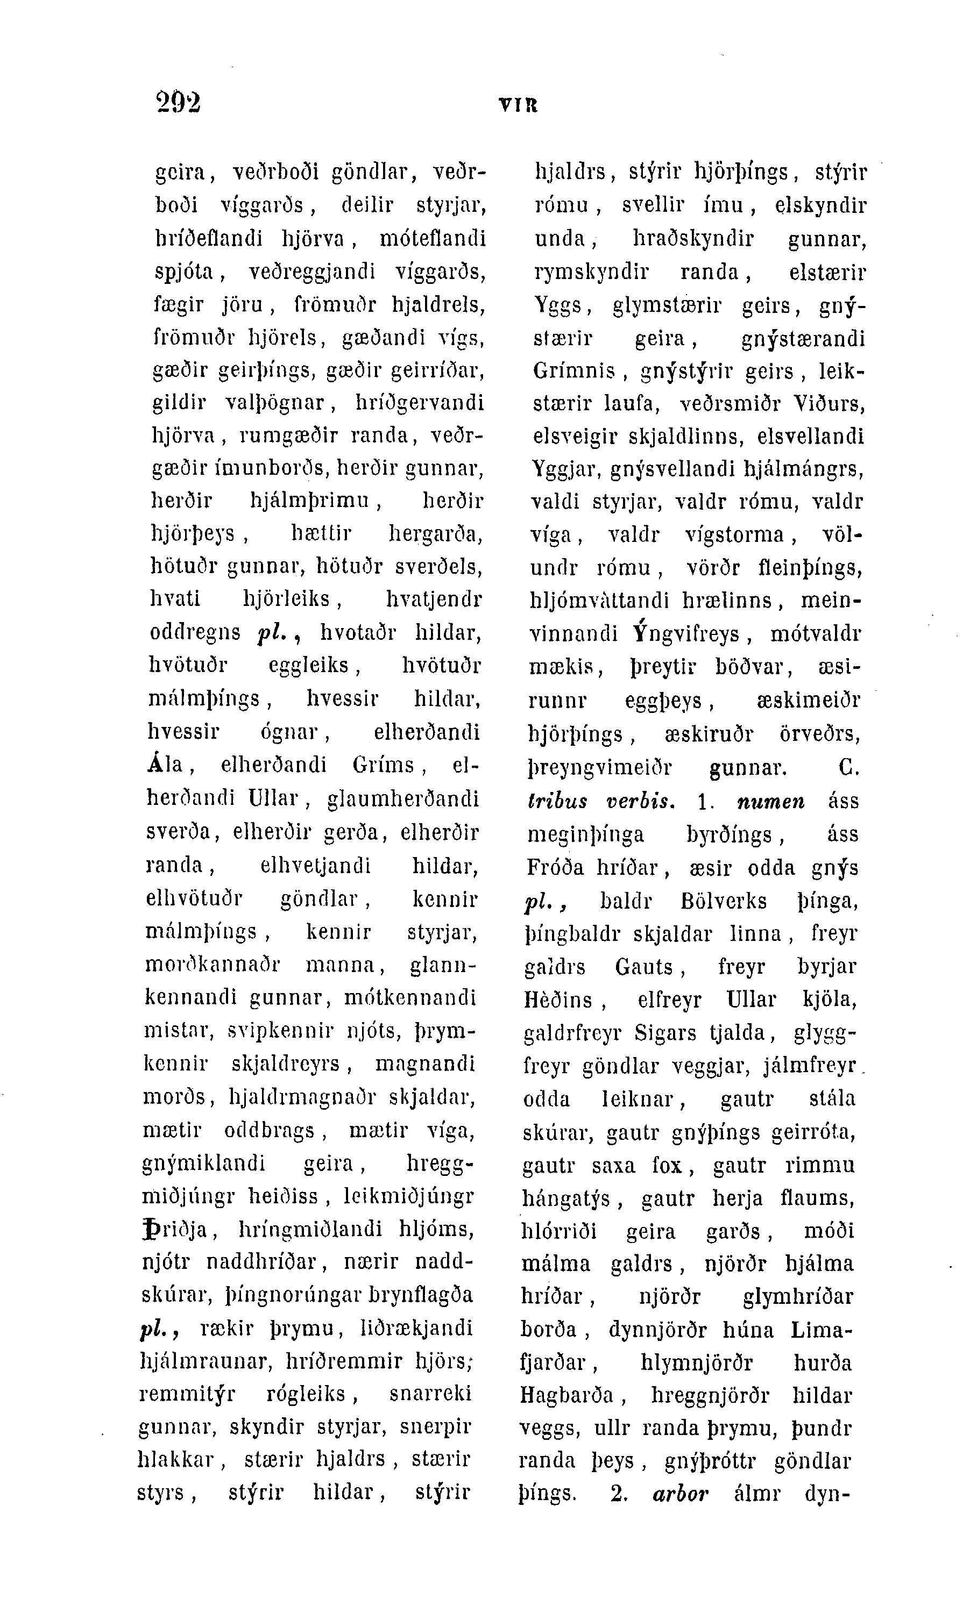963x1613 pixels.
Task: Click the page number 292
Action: [179, 102]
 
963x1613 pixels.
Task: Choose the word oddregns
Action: [195, 632]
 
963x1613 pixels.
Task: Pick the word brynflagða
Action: [421, 1295]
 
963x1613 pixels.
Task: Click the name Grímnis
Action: [573, 371]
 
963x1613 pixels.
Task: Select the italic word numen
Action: [770, 802]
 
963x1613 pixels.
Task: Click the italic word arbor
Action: [679, 1494]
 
